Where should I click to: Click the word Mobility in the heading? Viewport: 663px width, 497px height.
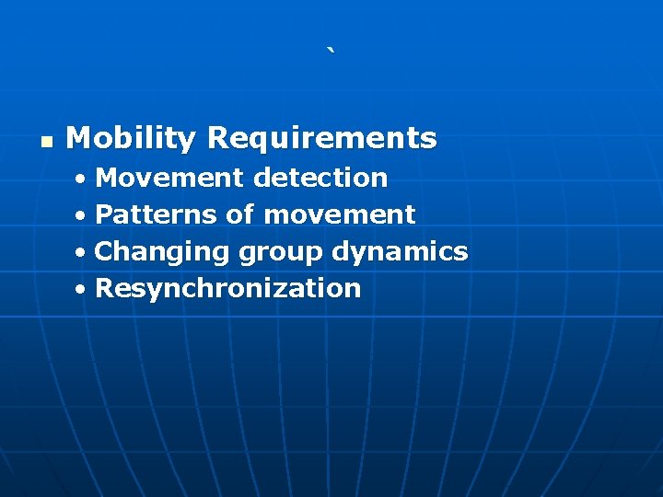pos(131,139)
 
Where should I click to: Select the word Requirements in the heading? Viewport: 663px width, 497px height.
pos(321,139)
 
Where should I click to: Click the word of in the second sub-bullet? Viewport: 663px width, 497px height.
pos(239,214)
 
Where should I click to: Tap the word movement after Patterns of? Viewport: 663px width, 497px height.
pos(339,214)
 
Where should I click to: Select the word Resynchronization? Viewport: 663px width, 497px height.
pos(227,288)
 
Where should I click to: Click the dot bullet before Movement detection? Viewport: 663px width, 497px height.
pos(82,179)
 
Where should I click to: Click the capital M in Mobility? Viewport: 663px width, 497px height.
pos(78,139)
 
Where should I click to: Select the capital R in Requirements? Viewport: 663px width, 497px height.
pos(217,139)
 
